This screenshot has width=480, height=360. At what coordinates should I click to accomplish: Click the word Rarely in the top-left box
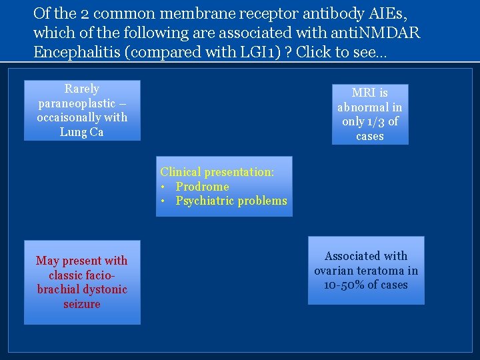tap(82, 89)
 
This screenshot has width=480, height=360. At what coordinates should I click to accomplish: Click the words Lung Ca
tap(82, 132)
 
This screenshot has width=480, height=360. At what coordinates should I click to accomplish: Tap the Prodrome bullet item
tap(202, 187)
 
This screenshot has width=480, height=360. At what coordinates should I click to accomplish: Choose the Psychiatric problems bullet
tap(231, 201)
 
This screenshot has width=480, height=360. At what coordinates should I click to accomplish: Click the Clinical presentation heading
tap(217, 172)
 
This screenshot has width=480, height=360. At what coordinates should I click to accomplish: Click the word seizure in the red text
tap(82, 304)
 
